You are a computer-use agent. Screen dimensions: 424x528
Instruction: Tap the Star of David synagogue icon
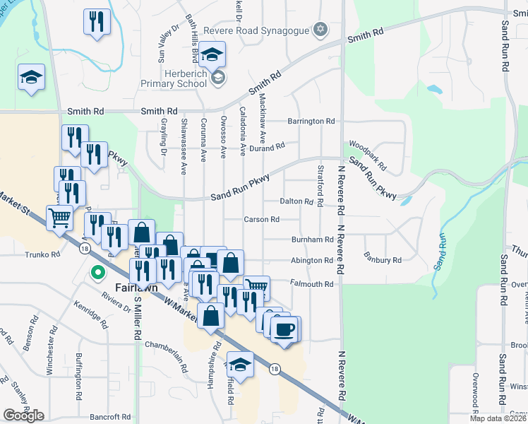pyautogui.click(x=320, y=29)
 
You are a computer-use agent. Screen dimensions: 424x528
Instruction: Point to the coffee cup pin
pyautogui.click(x=285, y=329)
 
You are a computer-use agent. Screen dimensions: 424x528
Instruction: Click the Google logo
pyautogui.click(x=23, y=416)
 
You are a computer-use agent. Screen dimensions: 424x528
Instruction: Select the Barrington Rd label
pyautogui.click(x=311, y=122)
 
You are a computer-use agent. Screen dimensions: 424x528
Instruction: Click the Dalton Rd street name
pyautogui.click(x=296, y=201)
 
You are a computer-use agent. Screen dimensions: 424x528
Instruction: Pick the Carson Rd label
pyautogui.click(x=261, y=220)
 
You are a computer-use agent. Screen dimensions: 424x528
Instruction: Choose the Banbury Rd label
pyautogui.click(x=382, y=260)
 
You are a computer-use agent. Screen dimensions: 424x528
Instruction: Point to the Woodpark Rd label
pyautogui.click(x=368, y=154)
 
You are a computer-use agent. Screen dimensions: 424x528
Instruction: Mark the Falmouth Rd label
pyautogui.click(x=311, y=284)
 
